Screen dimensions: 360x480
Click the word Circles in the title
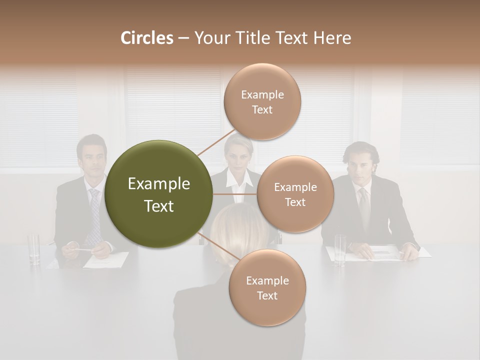(147, 38)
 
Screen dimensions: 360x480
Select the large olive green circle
(159, 194)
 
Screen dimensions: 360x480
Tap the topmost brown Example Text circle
(262, 101)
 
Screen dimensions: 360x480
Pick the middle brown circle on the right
(295, 194)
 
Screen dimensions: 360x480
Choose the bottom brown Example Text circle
(267, 288)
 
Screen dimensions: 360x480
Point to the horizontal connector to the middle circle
(235, 194)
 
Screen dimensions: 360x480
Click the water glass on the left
(34, 248)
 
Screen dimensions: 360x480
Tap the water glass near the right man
(340, 249)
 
